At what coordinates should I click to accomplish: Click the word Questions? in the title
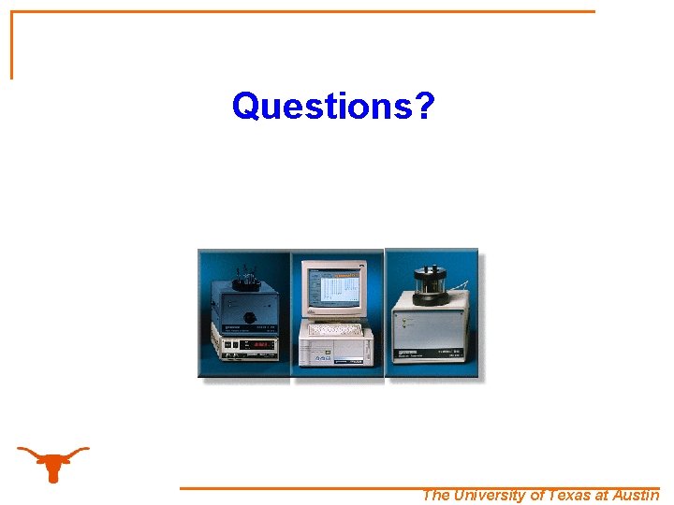click(x=332, y=107)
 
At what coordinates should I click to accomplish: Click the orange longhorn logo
click(x=53, y=461)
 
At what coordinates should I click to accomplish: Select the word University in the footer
click(x=490, y=496)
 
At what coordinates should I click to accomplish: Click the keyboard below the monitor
click(x=338, y=328)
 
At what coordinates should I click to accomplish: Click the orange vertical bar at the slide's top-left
click(x=12, y=45)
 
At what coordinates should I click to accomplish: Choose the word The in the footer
click(x=436, y=496)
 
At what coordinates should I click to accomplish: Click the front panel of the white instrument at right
click(x=429, y=333)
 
